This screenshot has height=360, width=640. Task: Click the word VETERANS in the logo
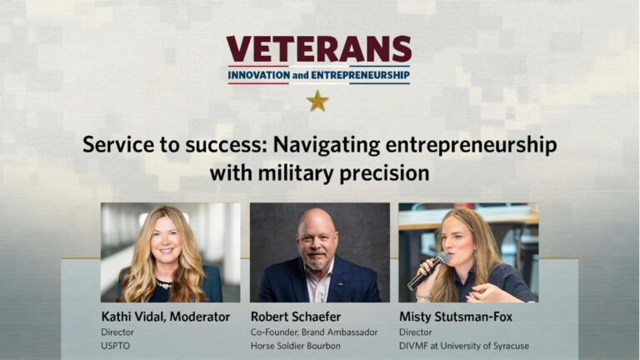point(319,49)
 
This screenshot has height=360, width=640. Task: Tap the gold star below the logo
point(317,101)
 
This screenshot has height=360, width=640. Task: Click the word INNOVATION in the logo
point(258,76)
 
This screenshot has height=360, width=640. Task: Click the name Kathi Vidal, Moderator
point(164,317)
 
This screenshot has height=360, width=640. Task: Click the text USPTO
point(116,346)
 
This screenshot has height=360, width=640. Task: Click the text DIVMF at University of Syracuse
point(463,346)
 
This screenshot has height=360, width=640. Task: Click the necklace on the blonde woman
point(165,283)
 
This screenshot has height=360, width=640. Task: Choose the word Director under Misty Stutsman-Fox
point(416,332)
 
